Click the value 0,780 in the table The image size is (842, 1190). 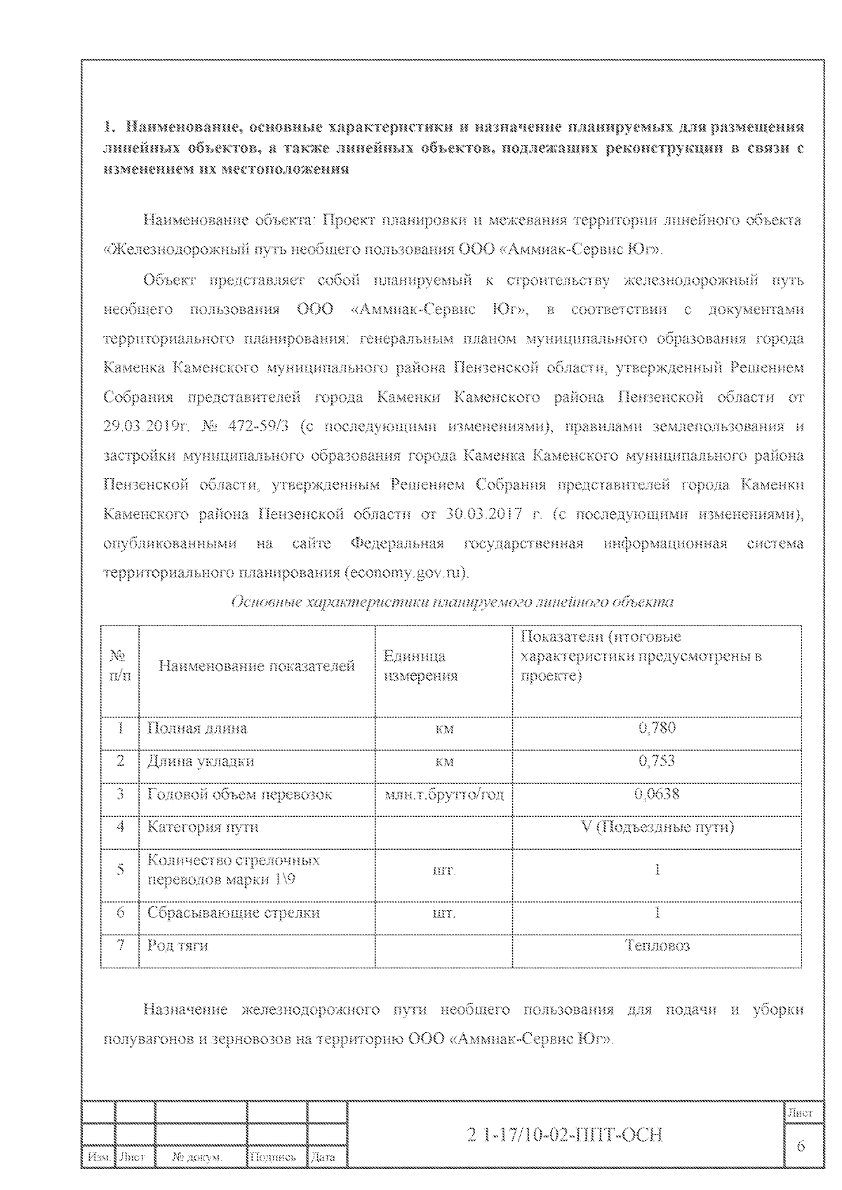click(657, 728)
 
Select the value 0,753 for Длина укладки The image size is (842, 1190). click(657, 761)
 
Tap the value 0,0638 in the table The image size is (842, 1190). click(657, 794)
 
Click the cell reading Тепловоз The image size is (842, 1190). click(657, 945)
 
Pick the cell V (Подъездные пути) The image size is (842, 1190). click(657, 827)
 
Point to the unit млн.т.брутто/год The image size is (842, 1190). click(444, 795)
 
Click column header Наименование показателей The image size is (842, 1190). click(257, 666)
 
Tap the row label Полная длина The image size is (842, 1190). click(197, 728)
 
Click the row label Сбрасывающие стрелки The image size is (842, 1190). click(234, 912)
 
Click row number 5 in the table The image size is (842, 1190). click(121, 870)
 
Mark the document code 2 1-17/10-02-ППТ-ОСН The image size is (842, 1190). click(564, 1135)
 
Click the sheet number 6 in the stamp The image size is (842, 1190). click(801, 1146)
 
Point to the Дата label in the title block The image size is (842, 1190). click(323, 1158)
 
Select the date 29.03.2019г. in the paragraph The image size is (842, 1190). click(144, 426)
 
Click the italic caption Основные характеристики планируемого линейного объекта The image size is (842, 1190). click(452, 602)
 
